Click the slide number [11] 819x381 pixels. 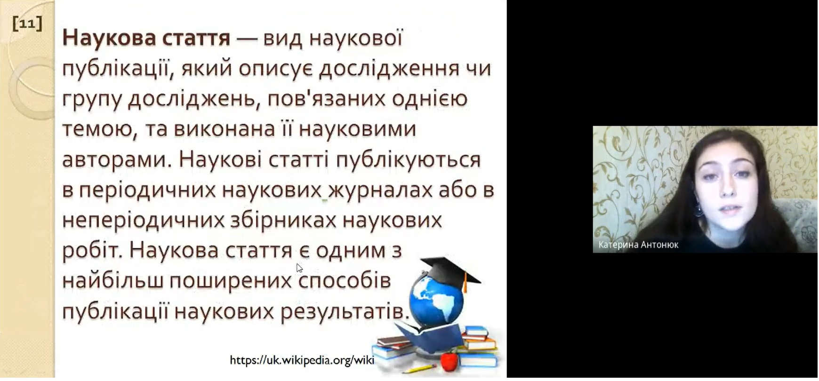[x=27, y=23]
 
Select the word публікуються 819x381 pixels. [x=408, y=159]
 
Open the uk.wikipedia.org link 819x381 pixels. [x=302, y=360]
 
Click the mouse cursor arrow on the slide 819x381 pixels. [x=299, y=268]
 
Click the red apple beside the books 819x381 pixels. [x=450, y=361]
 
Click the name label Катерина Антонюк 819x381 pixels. [x=638, y=245]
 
